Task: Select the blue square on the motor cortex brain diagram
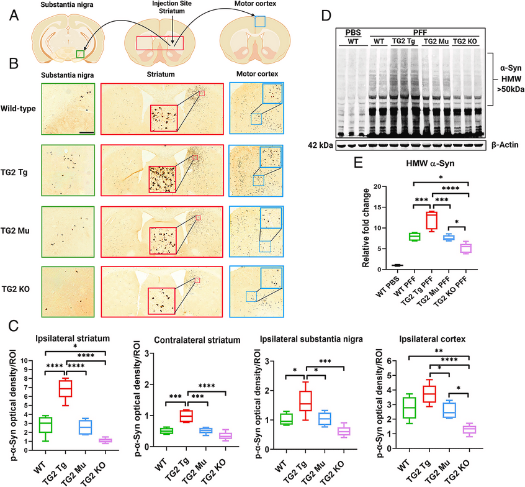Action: click(259, 21)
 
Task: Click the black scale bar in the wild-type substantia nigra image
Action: click(86, 132)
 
